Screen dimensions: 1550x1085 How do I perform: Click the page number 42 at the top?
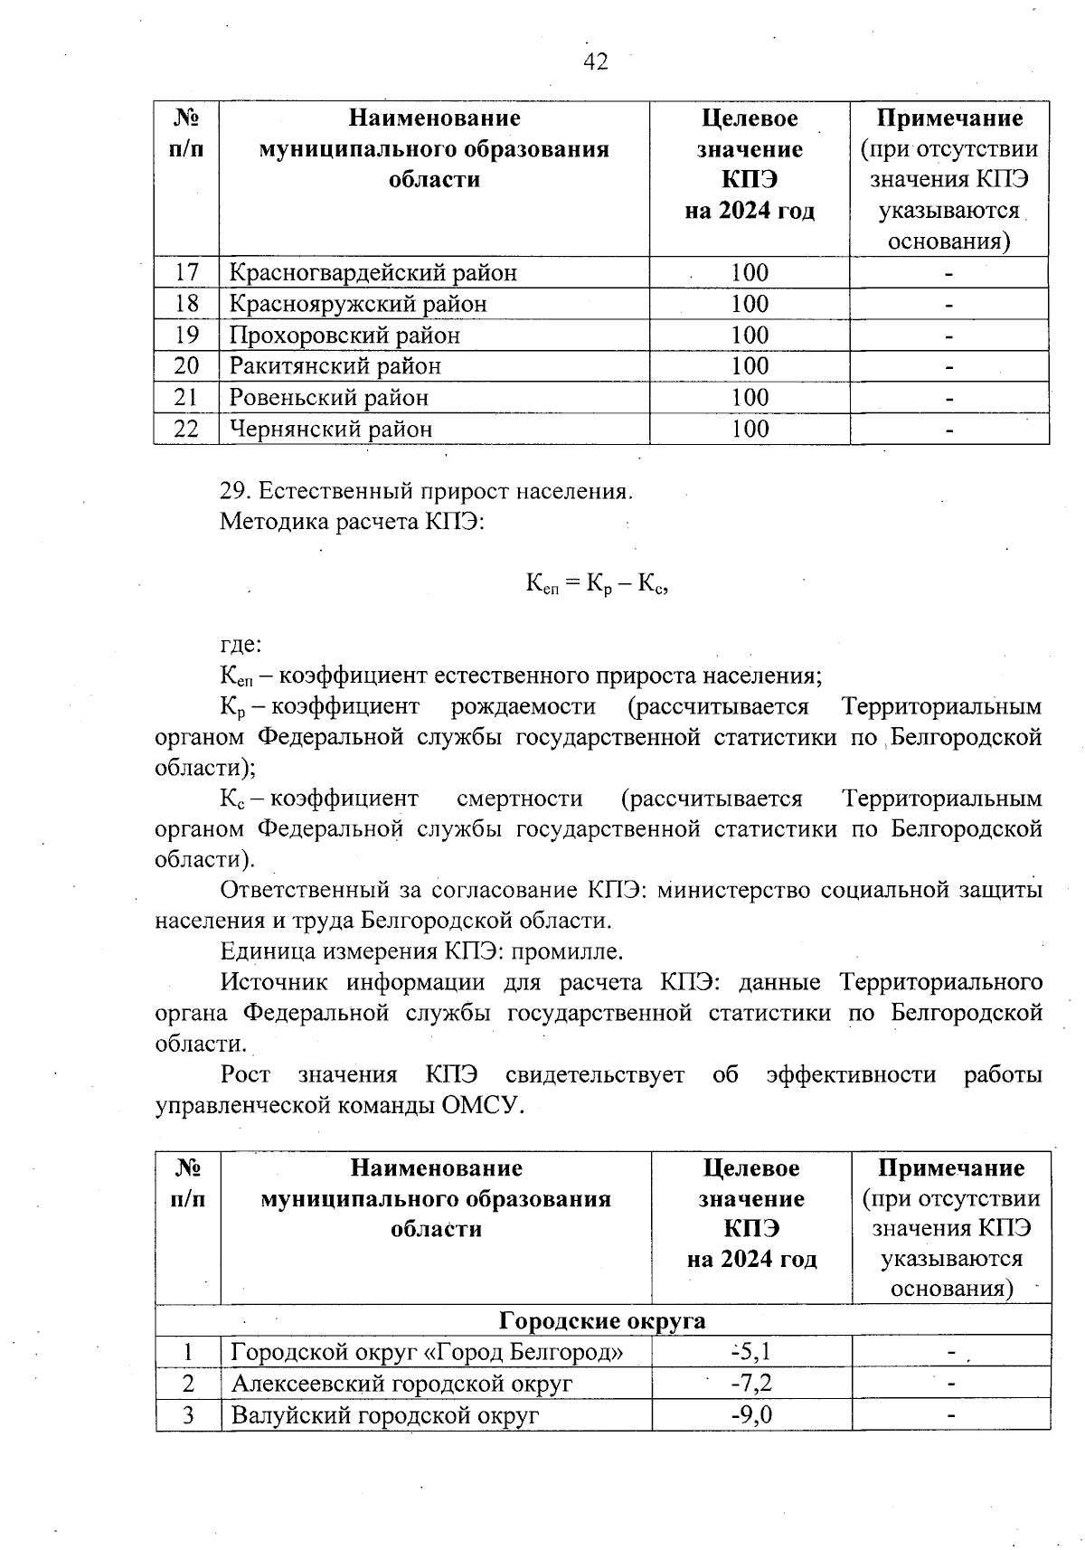tap(596, 61)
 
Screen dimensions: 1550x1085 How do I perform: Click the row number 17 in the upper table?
tap(186, 272)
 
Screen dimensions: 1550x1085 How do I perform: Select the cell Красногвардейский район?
tap(373, 272)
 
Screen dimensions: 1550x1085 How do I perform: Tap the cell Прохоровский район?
tap(344, 336)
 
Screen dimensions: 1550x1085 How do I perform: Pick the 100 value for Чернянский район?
tap(750, 429)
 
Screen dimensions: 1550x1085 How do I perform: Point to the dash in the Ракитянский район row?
tap(949, 367)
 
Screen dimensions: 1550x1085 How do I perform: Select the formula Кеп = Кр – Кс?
tap(597, 584)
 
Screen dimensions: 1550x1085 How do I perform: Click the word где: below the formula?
tap(241, 645)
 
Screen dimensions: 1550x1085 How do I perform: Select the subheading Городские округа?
tap(602, 1320)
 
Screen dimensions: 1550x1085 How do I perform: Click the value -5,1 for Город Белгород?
tap(751, 1352)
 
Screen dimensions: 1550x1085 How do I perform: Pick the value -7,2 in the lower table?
tap(751, 1384)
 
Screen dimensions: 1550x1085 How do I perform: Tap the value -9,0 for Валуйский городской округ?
tap(751, 1414)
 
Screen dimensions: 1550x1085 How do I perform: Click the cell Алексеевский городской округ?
tap(402, 1384)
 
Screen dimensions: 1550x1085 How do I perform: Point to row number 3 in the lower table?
tap(188, 1414)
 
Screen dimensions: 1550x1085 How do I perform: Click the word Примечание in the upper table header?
tap(950, 118)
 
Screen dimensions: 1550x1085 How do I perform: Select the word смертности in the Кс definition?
tap(520, 799)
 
